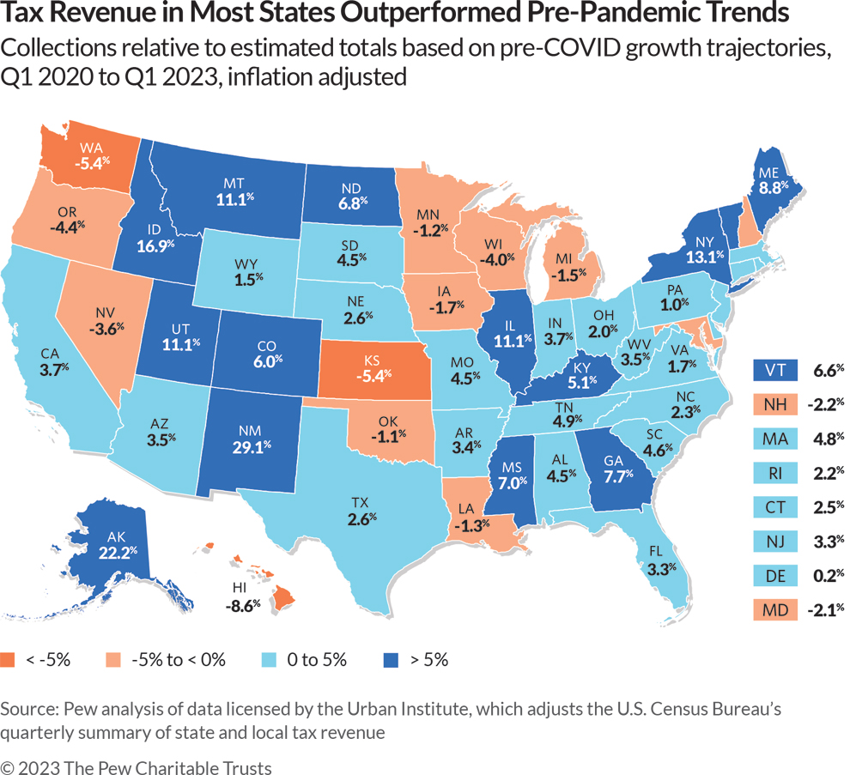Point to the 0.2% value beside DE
click(829, 575)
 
